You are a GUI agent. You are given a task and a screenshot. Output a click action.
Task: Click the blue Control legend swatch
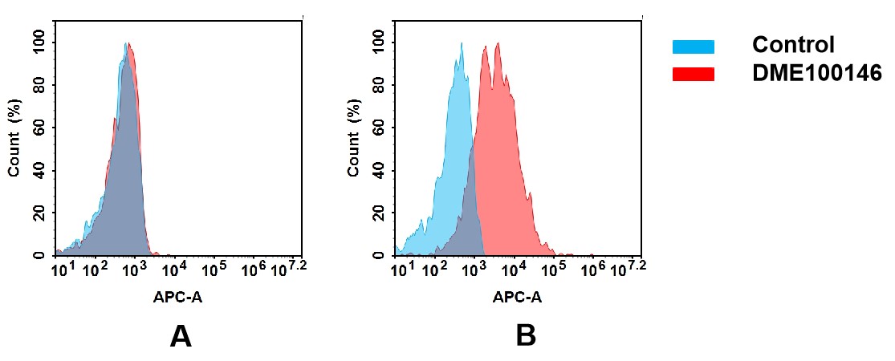(x=693, y=47)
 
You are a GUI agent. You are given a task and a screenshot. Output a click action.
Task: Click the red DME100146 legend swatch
(x=693, y=74)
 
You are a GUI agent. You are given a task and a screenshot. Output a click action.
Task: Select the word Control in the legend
(x=793, y=45)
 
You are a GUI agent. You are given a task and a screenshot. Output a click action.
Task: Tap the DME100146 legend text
(x=816, y=73)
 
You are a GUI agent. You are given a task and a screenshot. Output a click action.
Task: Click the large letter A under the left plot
(x=181, y=336)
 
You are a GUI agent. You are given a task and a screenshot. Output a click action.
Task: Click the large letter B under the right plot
(x=525, y=336)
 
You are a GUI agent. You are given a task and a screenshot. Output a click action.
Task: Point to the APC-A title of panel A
(x=177, y=298)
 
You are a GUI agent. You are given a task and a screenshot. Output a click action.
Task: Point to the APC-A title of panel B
(x=517, y=298)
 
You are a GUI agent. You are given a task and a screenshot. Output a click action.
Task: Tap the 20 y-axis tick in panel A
(x=41, y=213)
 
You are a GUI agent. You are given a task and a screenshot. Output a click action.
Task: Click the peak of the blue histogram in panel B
(x=462, y=44)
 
